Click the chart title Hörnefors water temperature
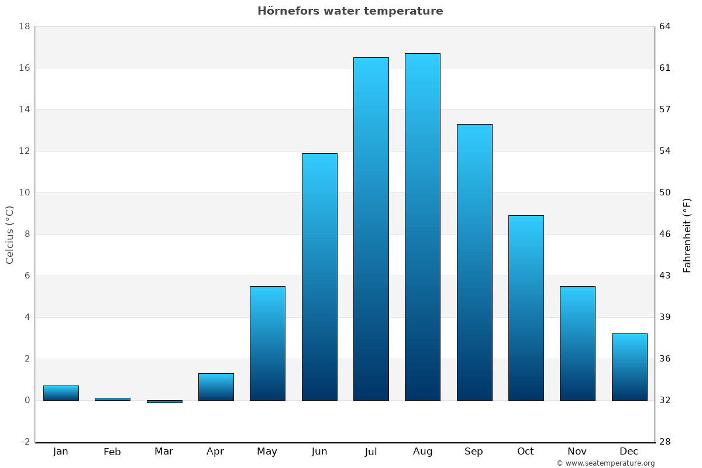click(350, 11)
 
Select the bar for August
click(422, 227)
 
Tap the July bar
click(371, 229)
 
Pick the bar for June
click(319, 277)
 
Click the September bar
click(474, 262)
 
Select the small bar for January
click(61, 393)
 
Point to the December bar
click(629, 367)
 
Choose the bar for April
click(216, 387)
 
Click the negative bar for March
click(164, 401)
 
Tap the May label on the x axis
click(267, 452)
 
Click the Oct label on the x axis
click(525, 452)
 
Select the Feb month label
click(112, 452)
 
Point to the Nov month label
click(577, 452)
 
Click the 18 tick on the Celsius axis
click(24, 26)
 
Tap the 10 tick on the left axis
click(24, 192)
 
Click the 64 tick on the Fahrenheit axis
click(665, 26)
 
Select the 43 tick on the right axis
click(665, 276)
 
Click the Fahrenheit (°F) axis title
click(687, 235)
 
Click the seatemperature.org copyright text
click(605, 463)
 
